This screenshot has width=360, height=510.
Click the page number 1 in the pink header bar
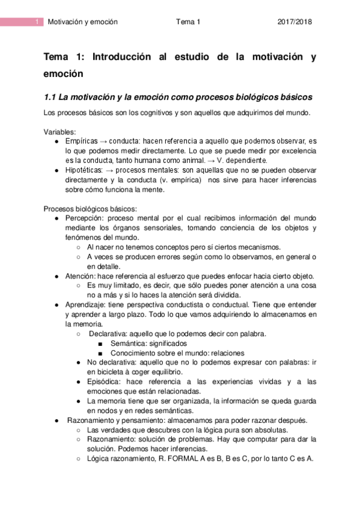tap(37, 22)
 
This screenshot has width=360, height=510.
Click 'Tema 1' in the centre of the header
tap(188, 22)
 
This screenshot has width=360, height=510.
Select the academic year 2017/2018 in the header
tap(295, 22)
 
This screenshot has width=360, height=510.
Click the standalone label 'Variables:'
tap(59, 132)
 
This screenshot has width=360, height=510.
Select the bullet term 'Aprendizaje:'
tap(87, 305)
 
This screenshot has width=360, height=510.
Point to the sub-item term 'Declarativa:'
tap(108, 334)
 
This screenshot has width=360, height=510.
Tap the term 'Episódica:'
tap(106, 382)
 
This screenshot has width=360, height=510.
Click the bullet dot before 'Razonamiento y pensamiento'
tap(56, 420)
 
